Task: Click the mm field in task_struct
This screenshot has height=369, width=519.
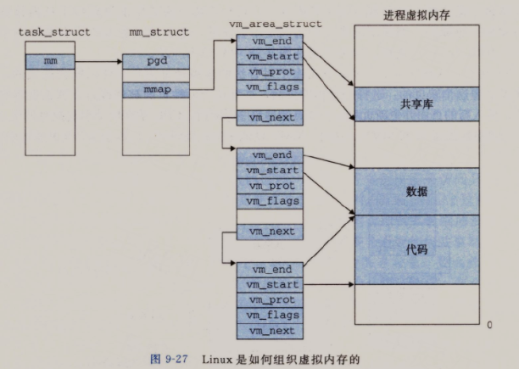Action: tap(50, 62)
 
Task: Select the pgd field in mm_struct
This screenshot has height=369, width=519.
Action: tap(156, 61)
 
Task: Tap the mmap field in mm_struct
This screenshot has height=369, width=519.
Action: tap(156, 90)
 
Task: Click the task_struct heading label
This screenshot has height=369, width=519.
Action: tap(54, 32)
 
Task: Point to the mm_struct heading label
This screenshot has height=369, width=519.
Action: tap(159, 32)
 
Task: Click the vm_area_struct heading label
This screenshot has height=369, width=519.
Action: tap(276, 24)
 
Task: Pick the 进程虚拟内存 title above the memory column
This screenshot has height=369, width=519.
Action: tap(416, 15)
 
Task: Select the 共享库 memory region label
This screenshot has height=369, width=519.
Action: tap(416, 104)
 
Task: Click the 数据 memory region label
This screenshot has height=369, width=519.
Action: tap(416, 191)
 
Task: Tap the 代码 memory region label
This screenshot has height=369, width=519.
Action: tap(416, 249)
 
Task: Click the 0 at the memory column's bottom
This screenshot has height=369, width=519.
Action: tap(489, 325)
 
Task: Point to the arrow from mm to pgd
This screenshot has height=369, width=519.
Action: tap(98, 62)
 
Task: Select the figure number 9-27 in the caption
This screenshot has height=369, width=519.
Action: tap(176, 359)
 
